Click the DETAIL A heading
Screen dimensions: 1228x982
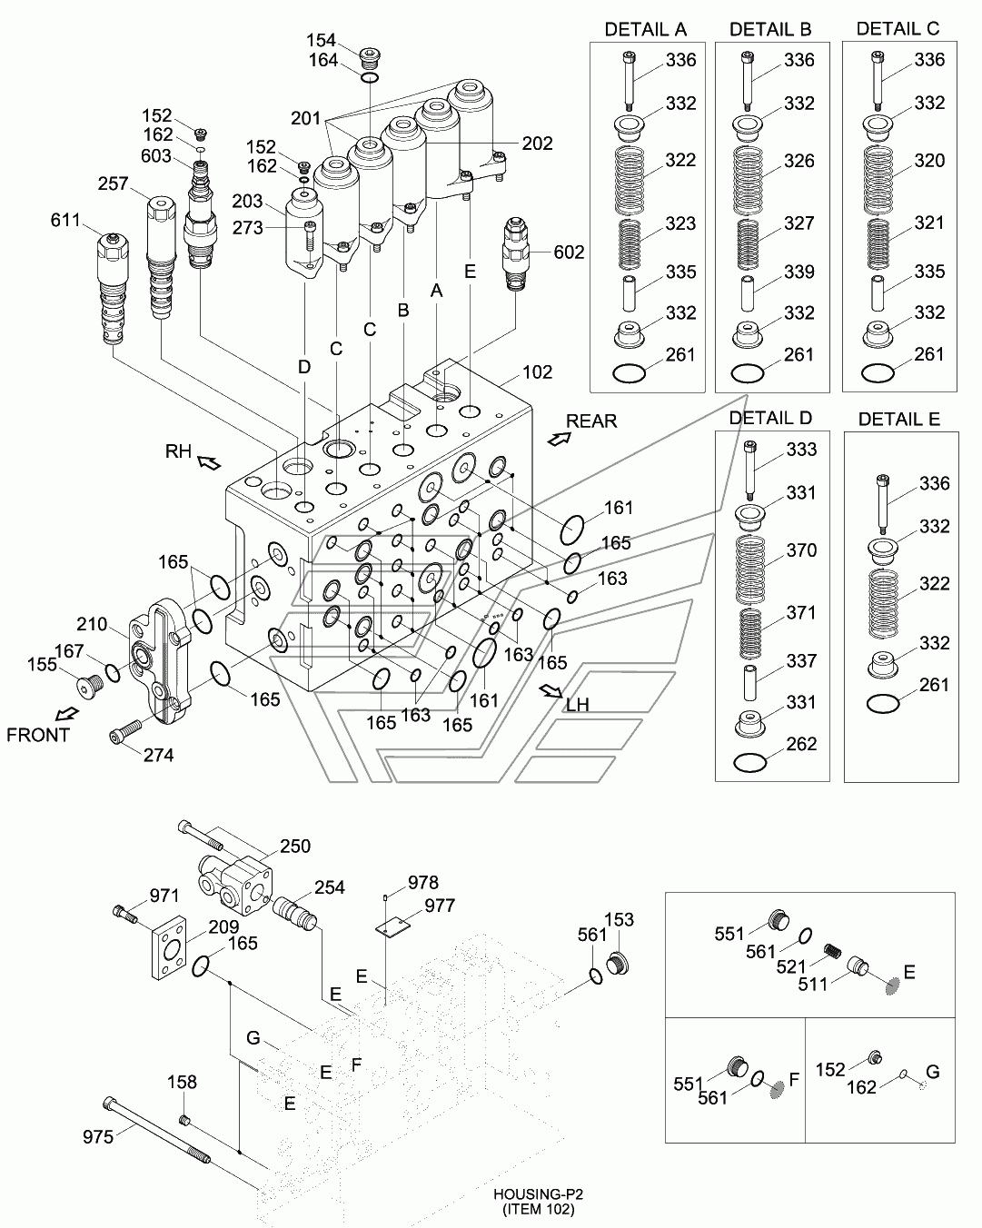[645, 29]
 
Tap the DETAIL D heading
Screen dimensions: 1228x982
[771, 418]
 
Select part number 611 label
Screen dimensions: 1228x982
[67, 221]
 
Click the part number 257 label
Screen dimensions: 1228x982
[114, 184]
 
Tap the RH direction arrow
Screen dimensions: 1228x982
[209, 463]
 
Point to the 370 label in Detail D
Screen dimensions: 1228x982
[801, 550]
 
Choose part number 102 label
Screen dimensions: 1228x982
[537, 372]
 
